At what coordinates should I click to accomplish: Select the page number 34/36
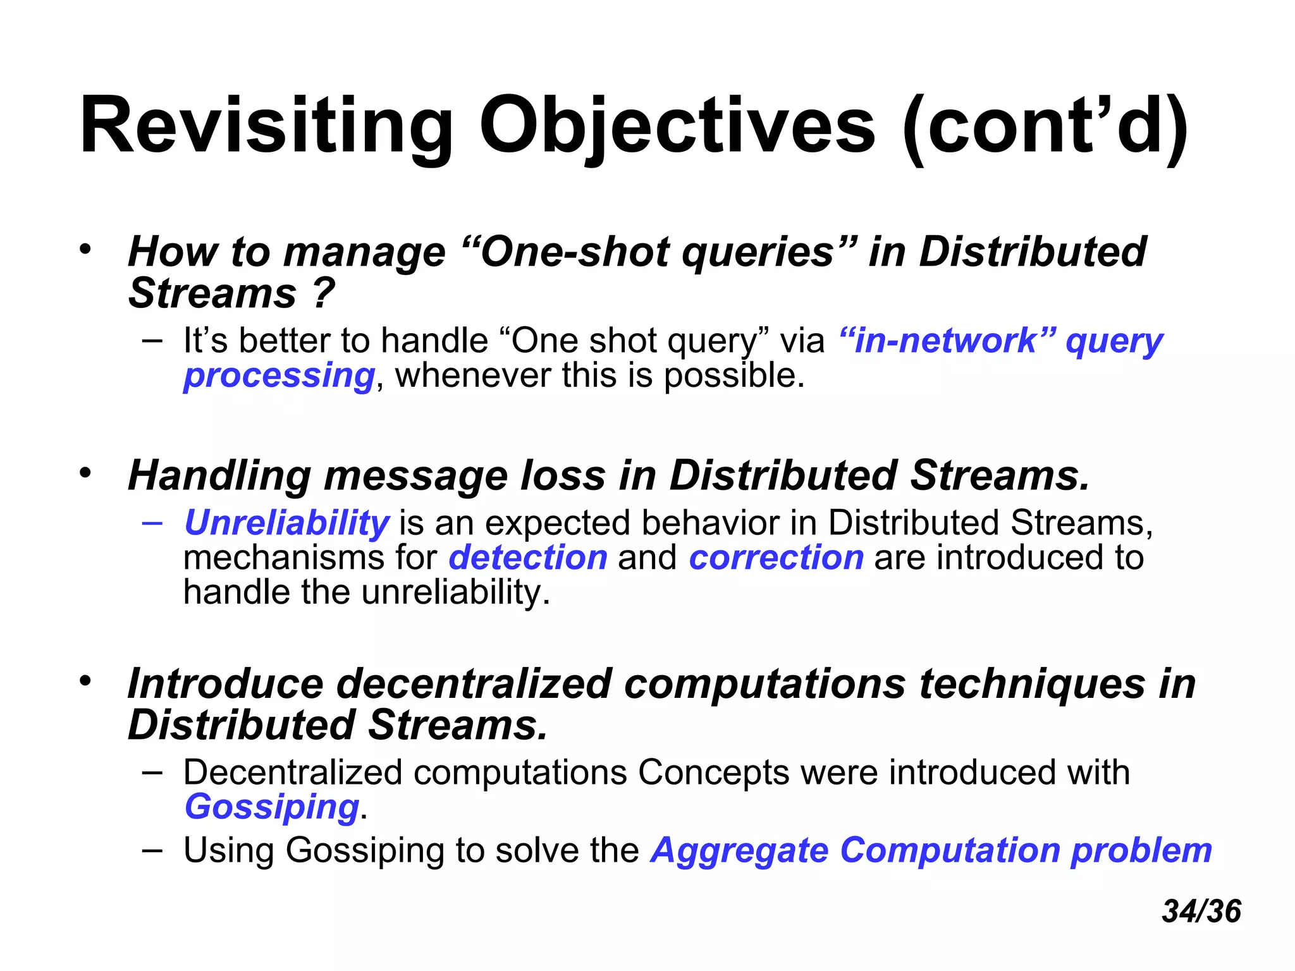[1201, 912]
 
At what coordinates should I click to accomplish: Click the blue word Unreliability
[286, 523]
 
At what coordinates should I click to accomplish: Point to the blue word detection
[528, 558]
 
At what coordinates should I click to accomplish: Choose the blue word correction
[776, 558]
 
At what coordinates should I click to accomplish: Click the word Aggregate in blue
[740, 850]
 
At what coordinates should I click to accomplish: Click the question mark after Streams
[322, 294]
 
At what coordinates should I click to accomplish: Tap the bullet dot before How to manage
[85, 248]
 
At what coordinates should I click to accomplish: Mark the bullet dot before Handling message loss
[85, 472]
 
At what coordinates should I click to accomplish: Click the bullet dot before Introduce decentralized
[85, 681]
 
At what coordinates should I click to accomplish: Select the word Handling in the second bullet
[219, 475]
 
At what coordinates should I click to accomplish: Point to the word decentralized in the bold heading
[473, 684]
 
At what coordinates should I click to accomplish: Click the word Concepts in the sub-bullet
[713, 773]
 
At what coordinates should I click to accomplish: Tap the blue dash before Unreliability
[152, 522]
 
